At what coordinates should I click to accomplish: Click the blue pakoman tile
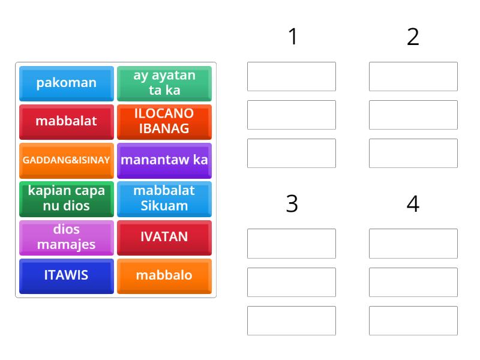[66, 83]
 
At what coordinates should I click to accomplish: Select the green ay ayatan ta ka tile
[164, 83]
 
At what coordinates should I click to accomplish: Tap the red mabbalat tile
[66, 121]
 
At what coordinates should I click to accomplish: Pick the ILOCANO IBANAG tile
[164, 121]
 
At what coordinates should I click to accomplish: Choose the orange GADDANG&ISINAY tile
[66, 160]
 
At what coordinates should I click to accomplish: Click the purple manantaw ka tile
[164, 160]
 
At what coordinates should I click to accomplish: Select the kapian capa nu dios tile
[66, 199]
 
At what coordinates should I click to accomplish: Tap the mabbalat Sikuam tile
[164, 199]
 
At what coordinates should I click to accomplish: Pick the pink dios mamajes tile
[66, 237]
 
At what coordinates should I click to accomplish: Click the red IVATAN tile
[164, 237]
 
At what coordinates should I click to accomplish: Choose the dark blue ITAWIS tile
[66, 275]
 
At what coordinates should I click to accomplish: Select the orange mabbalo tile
[164, 275]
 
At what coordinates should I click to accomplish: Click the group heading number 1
[292, 37]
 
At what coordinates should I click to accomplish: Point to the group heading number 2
[413, 37]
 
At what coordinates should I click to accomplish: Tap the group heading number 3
[292, 204]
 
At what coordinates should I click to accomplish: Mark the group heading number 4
[413, 204]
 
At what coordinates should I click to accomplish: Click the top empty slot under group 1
[292, 76]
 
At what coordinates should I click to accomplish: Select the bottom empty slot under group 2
[413, 153]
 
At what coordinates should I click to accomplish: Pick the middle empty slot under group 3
[292, 282]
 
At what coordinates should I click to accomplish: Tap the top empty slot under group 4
[413, 244]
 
